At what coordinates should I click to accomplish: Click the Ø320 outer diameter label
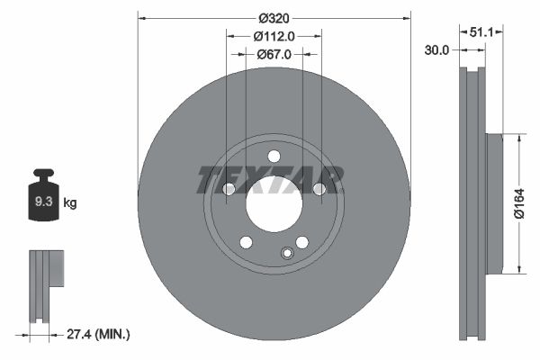tap(274, 18)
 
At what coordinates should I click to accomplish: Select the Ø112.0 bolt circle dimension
tap(274, 37)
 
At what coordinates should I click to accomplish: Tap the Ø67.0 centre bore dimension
tap(274, 55)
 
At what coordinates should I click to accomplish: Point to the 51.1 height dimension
tap(481, 31)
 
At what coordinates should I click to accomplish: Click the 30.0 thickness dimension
tap(436, 50)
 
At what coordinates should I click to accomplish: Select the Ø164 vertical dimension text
tap(519, 204)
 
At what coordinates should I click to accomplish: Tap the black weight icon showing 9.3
tap(44, 200)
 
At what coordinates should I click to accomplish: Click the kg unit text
tap(70, 203)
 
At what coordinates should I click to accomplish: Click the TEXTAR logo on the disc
tap(270, 180)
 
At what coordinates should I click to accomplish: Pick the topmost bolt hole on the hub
tap(274, 157)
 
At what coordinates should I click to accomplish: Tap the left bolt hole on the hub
tap(229, 189)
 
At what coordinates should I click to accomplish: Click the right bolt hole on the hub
tap(319, 189)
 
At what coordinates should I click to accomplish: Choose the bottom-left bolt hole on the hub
tap(246, 241)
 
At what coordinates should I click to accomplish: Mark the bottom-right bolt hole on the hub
tap(301, 241)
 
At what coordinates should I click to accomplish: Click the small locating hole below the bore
tap(286, 253)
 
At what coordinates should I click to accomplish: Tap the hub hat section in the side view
tap(492, 203)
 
